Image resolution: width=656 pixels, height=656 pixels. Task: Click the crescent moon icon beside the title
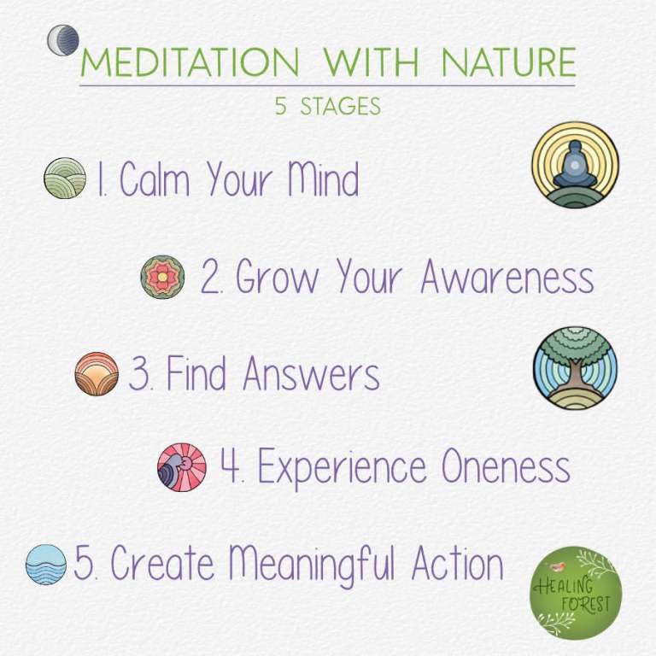(x=62, y=40)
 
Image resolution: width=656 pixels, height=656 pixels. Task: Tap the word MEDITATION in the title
(x=189, y=63)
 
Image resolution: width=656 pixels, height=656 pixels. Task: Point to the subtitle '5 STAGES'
(x=327, y=108)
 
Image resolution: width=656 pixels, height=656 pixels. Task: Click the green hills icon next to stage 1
(x=65, y=178)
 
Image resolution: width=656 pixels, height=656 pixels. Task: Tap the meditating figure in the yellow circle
(x=575, y=164)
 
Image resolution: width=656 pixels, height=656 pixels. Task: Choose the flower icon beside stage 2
(x=162, y=277)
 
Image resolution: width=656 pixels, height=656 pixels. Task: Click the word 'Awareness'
(x=507, y=277)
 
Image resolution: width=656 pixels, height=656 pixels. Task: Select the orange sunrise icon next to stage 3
(x=97, y=374)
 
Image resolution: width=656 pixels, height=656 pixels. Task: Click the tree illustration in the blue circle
(x=575, y=367)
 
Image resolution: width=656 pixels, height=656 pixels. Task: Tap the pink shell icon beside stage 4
(x=182, y=467)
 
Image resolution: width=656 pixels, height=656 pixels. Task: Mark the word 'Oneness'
(x=506, y=467)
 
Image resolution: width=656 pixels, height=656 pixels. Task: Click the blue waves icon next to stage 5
(x=46, y=565)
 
